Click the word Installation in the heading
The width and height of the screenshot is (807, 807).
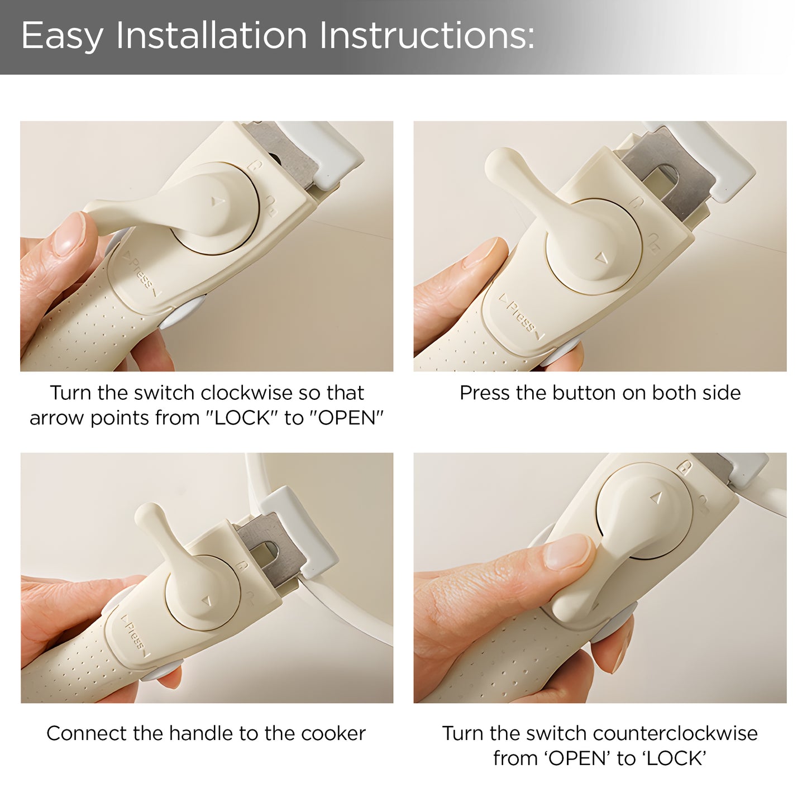coord(212,35)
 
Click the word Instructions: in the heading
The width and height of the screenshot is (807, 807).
coord(427,35)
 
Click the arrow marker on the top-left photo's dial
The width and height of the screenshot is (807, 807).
coord(218,202)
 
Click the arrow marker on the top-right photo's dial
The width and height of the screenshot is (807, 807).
coord(602,257)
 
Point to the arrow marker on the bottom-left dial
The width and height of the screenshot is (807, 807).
coord(207,601)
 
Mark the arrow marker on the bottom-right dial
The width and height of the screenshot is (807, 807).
coord(656,498)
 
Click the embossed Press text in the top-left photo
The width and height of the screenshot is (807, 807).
coord(141,273)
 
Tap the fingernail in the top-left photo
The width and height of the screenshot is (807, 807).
coord(70,233)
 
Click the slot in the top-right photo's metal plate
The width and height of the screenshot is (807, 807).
coord(659,178)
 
